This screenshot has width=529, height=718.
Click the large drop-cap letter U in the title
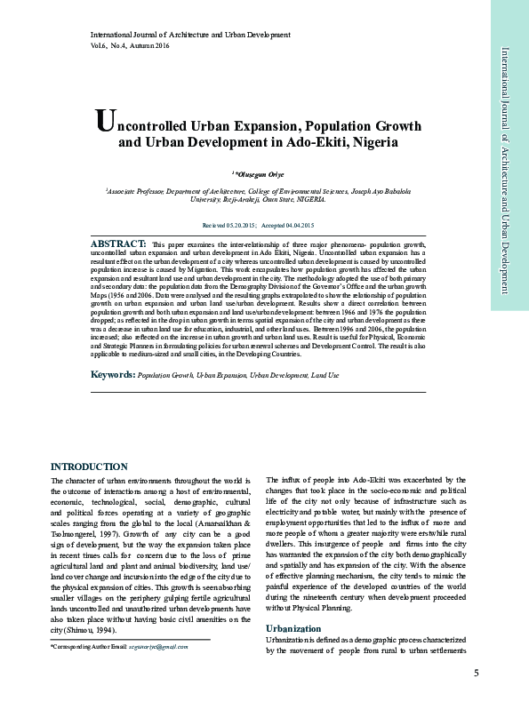click(104, 123)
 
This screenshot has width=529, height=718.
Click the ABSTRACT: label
click(119, 243)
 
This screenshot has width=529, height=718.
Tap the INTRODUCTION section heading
click(89, 467)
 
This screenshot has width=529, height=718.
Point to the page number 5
click(477, 672)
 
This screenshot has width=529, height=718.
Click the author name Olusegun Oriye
click(264, 173)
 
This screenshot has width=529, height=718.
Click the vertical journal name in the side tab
click(504, 169)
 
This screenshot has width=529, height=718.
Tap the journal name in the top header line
click(190, 35)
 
